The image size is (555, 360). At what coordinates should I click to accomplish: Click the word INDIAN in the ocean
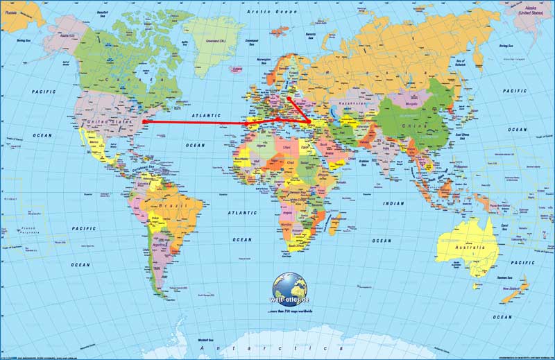click(x=392, y=203)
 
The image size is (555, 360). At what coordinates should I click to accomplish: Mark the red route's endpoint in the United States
click(x=144, y=122)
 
